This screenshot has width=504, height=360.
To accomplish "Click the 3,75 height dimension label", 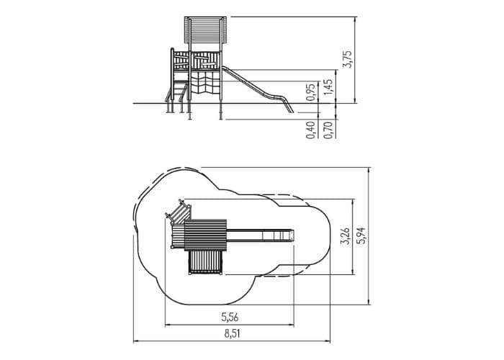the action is (x=348, y=60).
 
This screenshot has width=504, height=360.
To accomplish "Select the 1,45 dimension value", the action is (x=328, y=87).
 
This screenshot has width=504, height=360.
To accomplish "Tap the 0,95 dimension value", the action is (x=311, y=92).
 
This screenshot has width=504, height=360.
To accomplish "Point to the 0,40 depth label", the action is (x=311, y=130).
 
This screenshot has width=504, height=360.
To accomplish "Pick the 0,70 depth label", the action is (x=328, y=130).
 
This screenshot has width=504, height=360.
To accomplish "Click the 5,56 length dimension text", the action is (x=230, y=318).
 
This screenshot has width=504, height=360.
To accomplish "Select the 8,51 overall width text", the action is (x=232, y=334).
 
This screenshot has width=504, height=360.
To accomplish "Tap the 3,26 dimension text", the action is (x=346, y=236).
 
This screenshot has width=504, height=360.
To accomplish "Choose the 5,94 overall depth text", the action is (x=362, y=235).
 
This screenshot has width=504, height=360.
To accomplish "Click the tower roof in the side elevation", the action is (x=206, y=30).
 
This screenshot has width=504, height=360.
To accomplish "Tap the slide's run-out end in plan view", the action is (x=278, y=235).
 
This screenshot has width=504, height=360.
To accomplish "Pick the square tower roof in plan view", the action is (x=206, y=235).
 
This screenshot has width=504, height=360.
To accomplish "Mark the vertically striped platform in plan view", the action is (x=205, y=263).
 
